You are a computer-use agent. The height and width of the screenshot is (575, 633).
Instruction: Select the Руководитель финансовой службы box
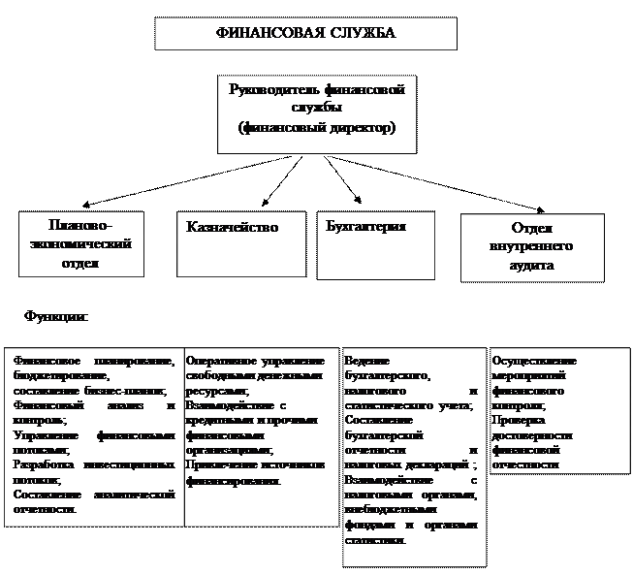click(x=316, y=113)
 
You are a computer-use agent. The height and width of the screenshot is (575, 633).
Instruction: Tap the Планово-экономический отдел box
click(x=77, y=245)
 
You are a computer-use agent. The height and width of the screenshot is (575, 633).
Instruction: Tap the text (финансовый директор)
click(x=317, y=128)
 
